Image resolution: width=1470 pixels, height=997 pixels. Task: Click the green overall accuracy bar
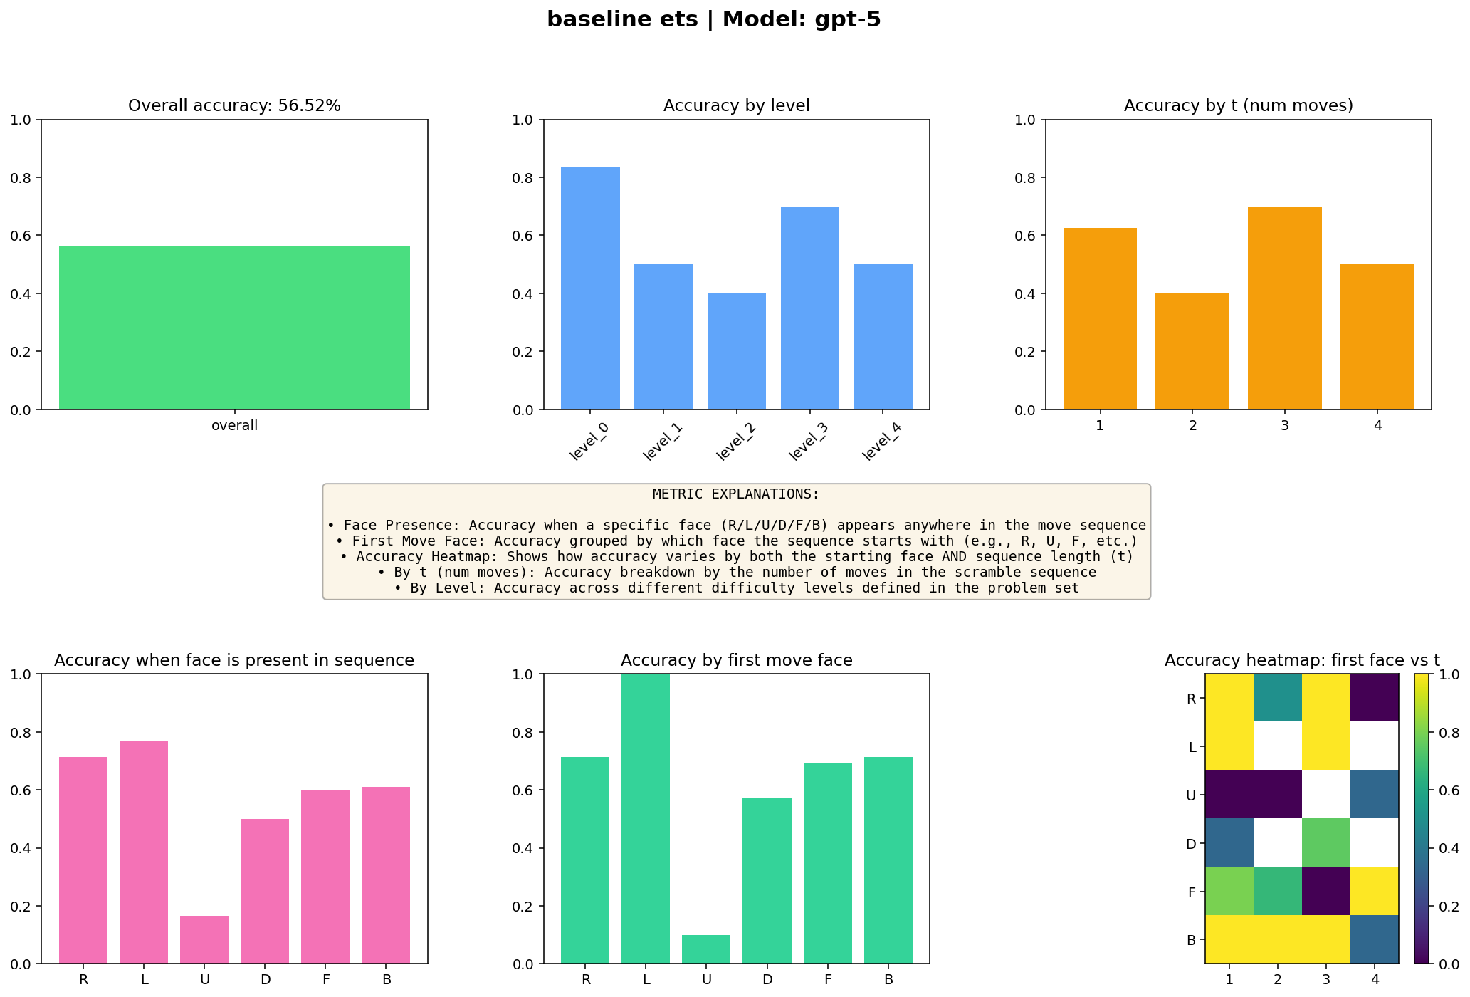click(234, 328)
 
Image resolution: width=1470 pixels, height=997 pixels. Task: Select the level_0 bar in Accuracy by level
click(590, 288)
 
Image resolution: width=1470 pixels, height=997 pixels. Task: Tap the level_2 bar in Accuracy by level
click(736, 352)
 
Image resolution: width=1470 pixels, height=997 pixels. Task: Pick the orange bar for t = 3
click(1284, 308)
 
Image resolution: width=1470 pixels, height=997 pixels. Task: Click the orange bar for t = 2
click(1192, 352)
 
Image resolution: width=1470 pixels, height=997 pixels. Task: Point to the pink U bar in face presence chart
click(204, 939)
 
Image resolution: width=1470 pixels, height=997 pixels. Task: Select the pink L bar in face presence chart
click(144, 852)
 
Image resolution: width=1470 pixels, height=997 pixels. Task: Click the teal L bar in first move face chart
click(646, 819)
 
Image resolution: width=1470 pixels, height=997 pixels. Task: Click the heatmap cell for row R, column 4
click(1375, 698)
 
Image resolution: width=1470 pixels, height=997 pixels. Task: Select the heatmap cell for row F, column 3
click(1326, 891)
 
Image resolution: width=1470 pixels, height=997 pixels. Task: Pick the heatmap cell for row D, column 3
click(1326, 842)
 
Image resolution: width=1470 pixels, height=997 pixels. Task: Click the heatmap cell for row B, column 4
click(1375, 939)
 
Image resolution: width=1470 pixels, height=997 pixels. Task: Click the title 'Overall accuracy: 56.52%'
click(234, 106)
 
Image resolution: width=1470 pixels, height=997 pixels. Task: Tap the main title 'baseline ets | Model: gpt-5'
click(713, 19)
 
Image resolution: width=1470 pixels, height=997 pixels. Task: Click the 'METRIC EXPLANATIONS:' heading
click(735, 494)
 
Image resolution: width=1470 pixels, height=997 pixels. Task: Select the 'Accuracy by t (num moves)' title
click(1238, 106)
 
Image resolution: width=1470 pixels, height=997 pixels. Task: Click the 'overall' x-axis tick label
click(234, 426)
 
